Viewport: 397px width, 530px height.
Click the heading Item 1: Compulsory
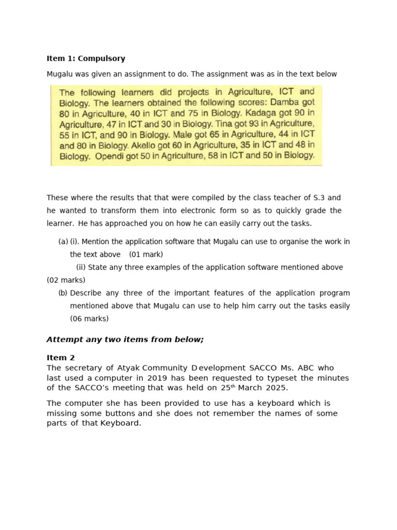pyautogui.click(x=86, y=58)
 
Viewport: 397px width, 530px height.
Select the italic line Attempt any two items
pyautogui.click(x=125, y=340)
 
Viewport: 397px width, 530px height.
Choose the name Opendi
pyautogui.click(x=112, y=155)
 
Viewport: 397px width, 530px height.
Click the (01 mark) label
pyautogui.click(x=146, y=255)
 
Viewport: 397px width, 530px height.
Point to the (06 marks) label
pyautogui.click(x=89, y=319)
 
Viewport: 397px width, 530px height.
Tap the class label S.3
pyautogui.click(x=319, y=198)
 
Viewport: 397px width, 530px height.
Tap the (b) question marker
pyautogui.click(x=63, y=293)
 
